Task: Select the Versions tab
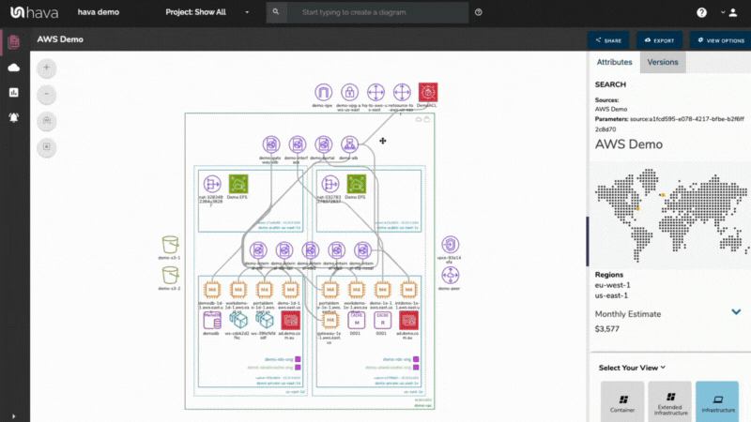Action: coord(663,62)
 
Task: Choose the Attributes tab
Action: coord(614,62)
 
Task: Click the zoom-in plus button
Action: coord(47,68)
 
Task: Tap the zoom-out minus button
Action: coord(47,95)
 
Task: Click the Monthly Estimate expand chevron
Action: coord(736,312)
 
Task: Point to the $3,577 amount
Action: coord(609,329)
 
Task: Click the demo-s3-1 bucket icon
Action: coord(170,245)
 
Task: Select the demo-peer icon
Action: coord(451,275)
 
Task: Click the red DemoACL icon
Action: coord(427,92)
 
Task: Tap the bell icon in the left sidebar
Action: coord(13,117)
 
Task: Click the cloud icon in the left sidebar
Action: coord(13,68)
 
